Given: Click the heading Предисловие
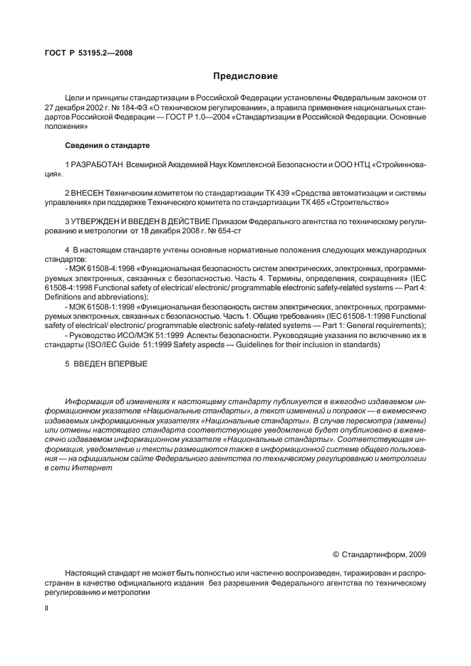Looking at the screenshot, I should pyautogui.click(x=245, y=76).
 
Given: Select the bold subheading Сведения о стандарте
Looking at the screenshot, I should pyautogui.click(x=107, y=146).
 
